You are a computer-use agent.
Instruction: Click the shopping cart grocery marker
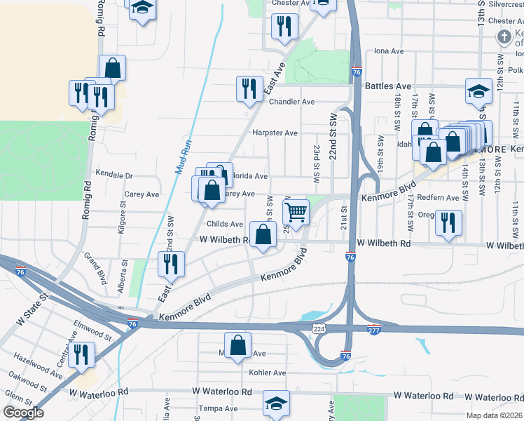(296, 210)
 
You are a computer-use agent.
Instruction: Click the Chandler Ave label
(291, 102)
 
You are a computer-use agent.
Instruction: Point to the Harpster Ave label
(275, 133)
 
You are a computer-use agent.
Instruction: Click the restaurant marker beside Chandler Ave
(249, 88)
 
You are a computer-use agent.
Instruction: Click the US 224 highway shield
(319, 328)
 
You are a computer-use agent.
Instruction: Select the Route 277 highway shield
(375, 328)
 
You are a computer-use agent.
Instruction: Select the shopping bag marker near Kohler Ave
(239, 345)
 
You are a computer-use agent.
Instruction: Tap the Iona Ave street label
(389, 51)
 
